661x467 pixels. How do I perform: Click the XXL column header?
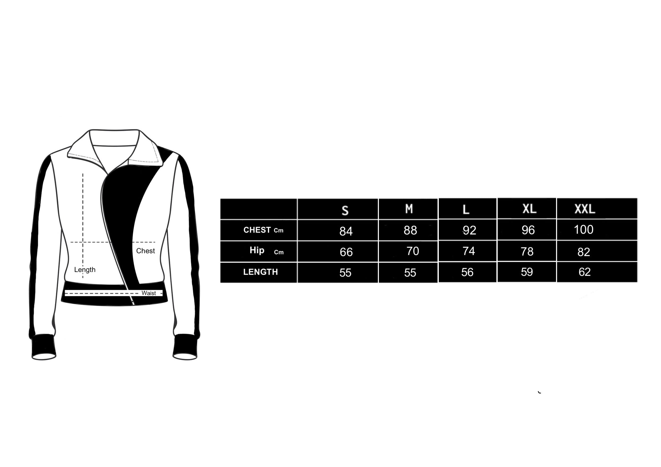pyautogui.click(x=585, y=209)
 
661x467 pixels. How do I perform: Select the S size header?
pyautogui.click(x=345, y=211)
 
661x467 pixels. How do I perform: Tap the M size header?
pyautogui.click(x=409, y=209)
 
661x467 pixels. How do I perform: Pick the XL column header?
pyautogui.click(x=529, y=209)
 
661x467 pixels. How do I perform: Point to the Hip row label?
pyautogui.click(x=266, y=251)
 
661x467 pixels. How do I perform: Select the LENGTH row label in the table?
pyautogui.click(x=261, y=272)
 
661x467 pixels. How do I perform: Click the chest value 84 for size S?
pyautogui.click(x=346, y=231)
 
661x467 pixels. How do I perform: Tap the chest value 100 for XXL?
pyautogui.click(x=584, y=229)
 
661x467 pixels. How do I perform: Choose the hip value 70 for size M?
pyautogui.click(x=413, y=251)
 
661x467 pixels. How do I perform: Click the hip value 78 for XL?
pyautogui.click(x=527, y=252)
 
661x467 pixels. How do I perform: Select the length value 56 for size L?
pyautogui.click(x=467, y=272)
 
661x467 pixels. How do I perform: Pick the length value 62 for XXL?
pyautogui.click(x=584, y=272)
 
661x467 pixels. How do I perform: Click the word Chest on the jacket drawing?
pyautogui.click(x=145, y=251)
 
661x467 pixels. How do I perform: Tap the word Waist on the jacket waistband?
pyautogui.click(x=148, y=293)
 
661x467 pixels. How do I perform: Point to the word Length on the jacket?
pyautogui.click(x=85, y=270)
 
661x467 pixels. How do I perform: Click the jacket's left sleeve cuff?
pyautogui.click(x=43, y=347)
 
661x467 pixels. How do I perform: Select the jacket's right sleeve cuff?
pyautogui.click(x=185, y=347)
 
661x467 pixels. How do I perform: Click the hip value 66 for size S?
pyautogui.click(x=346, y=252)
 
